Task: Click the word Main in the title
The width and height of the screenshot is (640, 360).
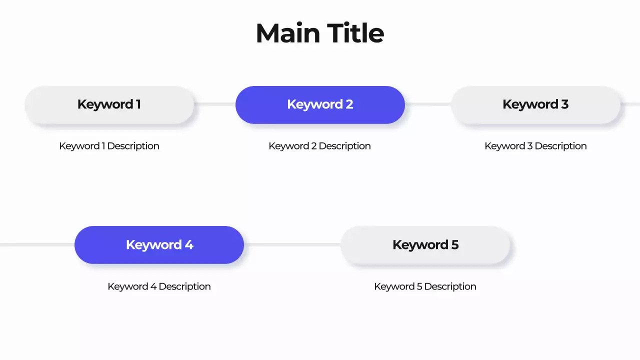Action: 287,33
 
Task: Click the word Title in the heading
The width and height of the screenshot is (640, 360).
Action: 355,33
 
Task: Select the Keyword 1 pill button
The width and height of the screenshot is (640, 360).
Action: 109,104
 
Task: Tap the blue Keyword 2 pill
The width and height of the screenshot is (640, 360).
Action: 320,104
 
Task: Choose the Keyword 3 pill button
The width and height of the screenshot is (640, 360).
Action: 535,104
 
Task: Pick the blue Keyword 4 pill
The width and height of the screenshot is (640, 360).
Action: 159,245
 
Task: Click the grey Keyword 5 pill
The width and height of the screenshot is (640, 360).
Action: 425,245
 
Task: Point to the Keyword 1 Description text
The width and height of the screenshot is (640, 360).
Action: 109,146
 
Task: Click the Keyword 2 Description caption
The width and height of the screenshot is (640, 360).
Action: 319,146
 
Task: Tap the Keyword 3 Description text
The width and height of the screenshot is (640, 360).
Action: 535,146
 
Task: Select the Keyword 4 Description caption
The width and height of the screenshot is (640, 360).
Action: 159,286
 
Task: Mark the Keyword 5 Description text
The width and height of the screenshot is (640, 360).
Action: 425,286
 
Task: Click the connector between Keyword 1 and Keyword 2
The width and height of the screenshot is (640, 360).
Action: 215,104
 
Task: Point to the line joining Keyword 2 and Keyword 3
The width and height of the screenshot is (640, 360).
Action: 428,104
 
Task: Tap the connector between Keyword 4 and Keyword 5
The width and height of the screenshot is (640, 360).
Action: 292,244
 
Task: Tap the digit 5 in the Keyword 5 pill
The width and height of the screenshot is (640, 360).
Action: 454,245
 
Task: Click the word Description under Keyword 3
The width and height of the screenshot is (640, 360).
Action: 560,146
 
